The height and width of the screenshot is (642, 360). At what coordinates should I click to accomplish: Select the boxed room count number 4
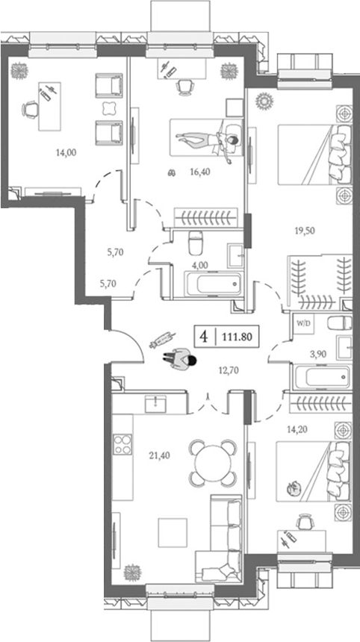tap(203, 336)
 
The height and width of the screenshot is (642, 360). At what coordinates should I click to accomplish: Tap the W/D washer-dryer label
tap(304, 325)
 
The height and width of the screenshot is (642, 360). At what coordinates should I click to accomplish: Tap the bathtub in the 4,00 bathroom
tap(213, 284)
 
